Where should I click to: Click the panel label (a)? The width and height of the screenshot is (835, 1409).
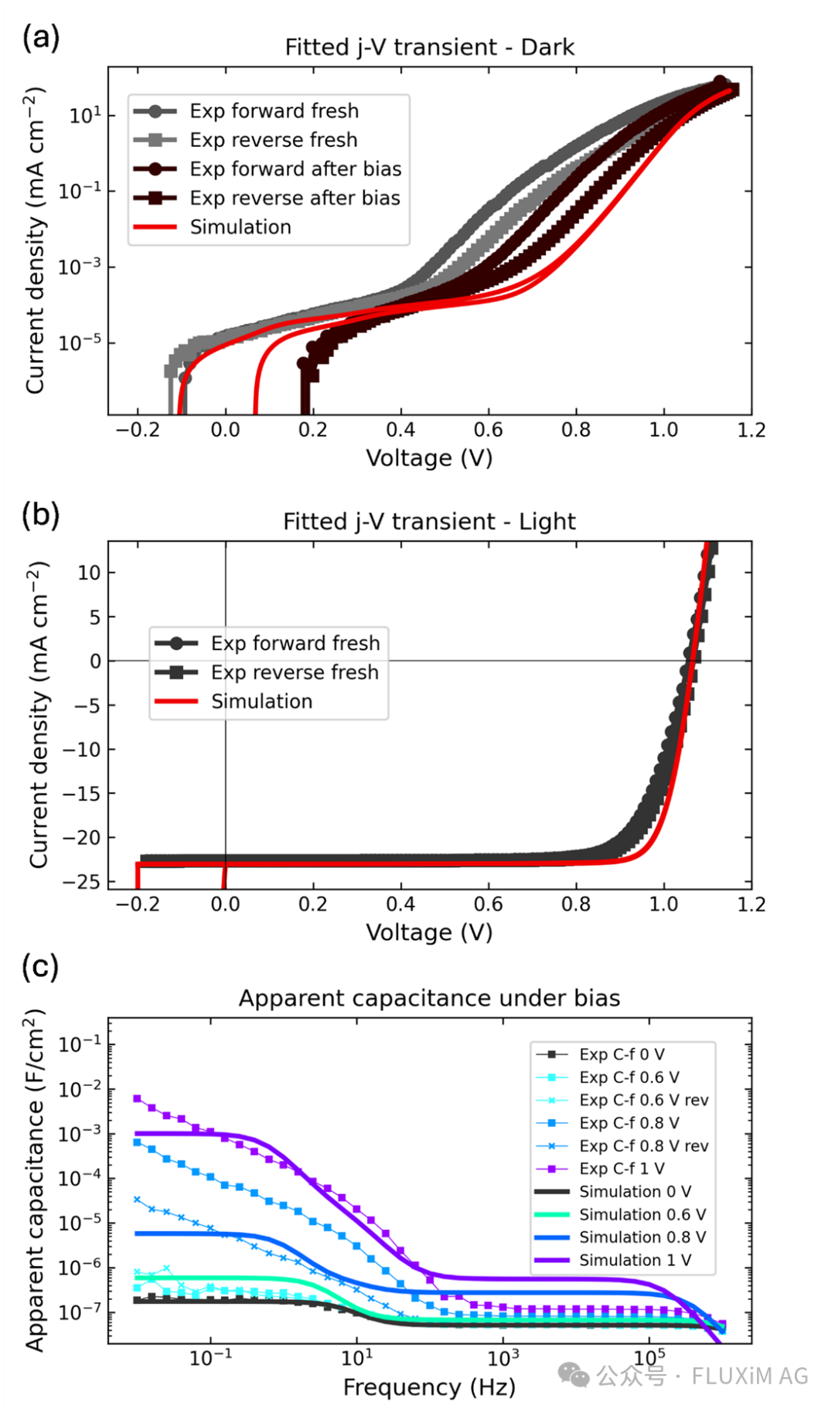tap(41, 37)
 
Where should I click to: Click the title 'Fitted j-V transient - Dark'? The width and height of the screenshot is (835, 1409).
tap(429, 47)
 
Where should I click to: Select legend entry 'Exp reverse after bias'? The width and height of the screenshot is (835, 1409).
tap(295, 198)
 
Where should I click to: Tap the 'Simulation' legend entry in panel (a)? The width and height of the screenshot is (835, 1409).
tap(240, 227)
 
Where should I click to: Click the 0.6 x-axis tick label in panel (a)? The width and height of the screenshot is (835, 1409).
tap(488, 430)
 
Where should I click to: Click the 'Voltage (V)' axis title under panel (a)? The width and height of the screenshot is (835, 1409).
tap(429, 458)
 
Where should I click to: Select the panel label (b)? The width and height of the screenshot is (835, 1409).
tap(41, 515)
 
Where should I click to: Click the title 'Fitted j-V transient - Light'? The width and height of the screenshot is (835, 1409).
tap(429, 522)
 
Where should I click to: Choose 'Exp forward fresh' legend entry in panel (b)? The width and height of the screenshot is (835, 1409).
tap(295, 643)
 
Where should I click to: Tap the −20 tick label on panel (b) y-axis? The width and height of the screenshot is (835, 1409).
tap(82, 838)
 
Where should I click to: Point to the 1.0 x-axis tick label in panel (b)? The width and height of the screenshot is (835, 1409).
tap(663, 904)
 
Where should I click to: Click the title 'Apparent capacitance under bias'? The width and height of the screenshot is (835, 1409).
tap(429, 998)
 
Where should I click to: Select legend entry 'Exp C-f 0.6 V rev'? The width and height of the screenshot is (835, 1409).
tap(643, 1100)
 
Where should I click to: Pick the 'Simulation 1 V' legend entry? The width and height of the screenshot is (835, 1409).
tap(635, 1260)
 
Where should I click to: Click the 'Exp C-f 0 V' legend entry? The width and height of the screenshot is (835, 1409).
tap(622, 1054)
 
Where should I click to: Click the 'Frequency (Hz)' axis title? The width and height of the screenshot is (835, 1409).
tap(429, 1387)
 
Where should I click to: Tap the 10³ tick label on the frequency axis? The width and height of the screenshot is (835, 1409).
tap(503, 1357)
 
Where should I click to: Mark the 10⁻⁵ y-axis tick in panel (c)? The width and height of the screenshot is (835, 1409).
tap(80, 1224)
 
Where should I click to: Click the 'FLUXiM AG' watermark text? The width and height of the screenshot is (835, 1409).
tap(749, 1376)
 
